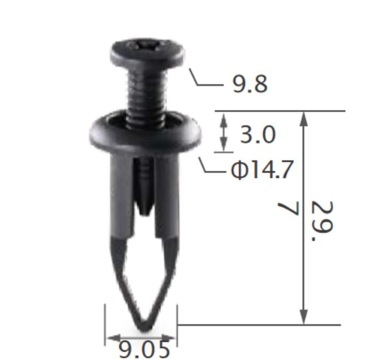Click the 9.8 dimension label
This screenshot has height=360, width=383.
250,84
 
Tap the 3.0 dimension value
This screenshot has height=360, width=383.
258,135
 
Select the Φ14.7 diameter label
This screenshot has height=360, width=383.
262,170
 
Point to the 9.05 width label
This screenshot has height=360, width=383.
144,350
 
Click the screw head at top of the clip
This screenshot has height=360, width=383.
147,53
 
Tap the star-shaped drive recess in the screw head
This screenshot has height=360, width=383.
146,45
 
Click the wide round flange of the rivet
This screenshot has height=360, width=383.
146,132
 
